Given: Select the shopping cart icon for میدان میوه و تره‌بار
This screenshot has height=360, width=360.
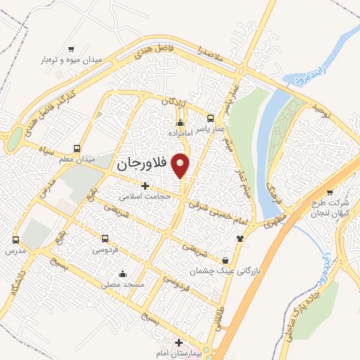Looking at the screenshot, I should (x=71, y=49).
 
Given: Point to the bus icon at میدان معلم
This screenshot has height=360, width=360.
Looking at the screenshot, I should (x=76, y=148).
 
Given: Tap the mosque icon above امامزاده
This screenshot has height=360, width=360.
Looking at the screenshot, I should (x=180, y=124).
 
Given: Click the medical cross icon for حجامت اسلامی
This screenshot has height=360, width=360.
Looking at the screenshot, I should (x=146, y=186).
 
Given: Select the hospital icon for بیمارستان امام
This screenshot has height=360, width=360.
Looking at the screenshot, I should (x=179, y=343).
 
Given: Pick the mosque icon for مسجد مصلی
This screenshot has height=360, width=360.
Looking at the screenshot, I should (x=123, y=274).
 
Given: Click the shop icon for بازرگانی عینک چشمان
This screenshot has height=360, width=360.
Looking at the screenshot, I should (x=224, y=259).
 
